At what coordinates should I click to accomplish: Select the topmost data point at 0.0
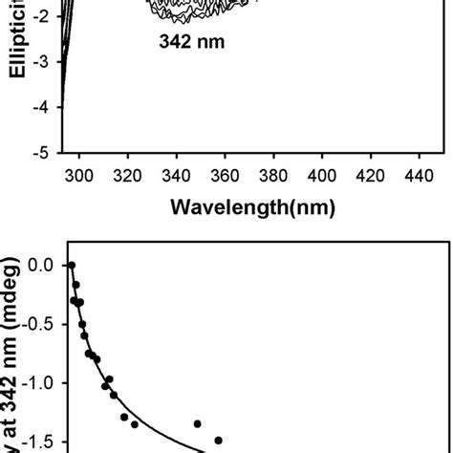tap(71, 266)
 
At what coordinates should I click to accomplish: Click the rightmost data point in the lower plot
tap(218, 441)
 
